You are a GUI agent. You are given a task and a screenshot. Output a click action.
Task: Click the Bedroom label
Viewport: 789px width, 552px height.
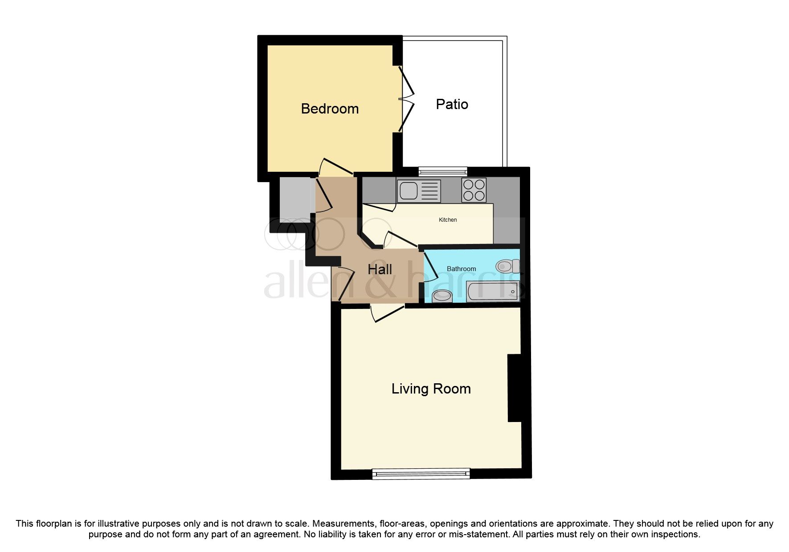pyautogui.click(x=330, y=109)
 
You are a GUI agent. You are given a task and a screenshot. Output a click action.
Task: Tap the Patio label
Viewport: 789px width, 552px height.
pyautogui.click(x=452, y=104)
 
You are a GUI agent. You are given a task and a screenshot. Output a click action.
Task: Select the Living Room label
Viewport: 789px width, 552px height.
pyautogui.click(x=431, y=389)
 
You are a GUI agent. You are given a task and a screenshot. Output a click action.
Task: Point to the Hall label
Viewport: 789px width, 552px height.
pyautogui.click(x=380, y=269)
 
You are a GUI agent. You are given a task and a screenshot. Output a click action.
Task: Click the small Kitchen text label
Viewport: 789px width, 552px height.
pyautogui.click(x=448, y=220)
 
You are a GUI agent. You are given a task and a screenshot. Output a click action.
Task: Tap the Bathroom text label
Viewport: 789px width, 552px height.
pyautogui.click(x=461, y=269)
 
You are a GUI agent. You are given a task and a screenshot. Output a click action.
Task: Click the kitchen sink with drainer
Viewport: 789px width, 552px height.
pyautogui.click(x=418, y=191)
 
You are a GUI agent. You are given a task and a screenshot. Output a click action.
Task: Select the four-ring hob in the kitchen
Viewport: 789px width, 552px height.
pyautogui.click(x=474, y=190)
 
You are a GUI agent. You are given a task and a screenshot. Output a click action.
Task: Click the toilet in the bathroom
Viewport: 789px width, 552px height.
pyautogui.click(x=507, y=266)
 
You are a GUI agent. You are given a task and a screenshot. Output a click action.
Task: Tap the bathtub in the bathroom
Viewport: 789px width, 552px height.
pyautogui.click(x=492, y=292)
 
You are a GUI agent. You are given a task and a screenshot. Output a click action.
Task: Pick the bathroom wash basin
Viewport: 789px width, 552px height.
pyautogui.click(x=442, y=296)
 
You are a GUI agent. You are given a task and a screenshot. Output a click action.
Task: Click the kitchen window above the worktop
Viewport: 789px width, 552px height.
pyautogui.click(x=442, y=170)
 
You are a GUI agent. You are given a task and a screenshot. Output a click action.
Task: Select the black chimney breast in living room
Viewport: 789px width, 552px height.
pyautogui.click(x=514, y=388)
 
